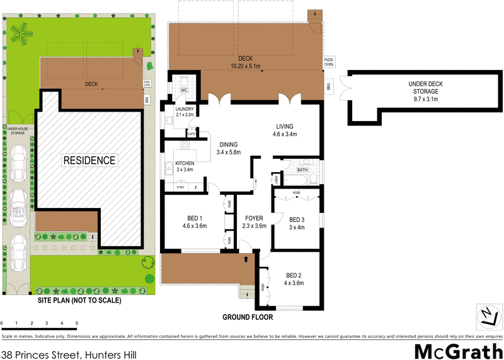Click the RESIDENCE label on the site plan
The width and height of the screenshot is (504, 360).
click(89, 160)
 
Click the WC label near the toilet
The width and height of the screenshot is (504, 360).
click(185, 91)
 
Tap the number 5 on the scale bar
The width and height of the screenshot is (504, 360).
click(77, 323)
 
